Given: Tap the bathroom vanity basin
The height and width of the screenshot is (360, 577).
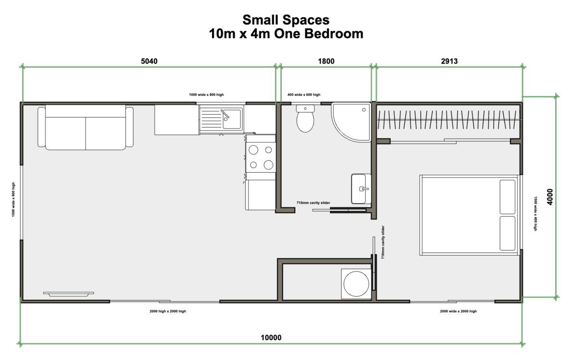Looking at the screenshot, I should pos(361,189).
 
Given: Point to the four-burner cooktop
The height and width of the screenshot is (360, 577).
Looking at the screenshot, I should pos(260,158).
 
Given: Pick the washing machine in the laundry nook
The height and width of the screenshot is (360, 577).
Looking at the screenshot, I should pos(356,283).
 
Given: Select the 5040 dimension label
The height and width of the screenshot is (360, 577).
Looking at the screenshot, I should pos(149,61).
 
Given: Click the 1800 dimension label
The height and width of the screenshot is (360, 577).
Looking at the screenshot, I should pos(326,61).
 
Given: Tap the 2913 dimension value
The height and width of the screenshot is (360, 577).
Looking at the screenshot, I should pos(448,61).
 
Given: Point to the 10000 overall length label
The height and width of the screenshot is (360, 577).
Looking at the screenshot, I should pos(271,337).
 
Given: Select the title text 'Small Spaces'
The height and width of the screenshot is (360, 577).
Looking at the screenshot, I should pos(286,20).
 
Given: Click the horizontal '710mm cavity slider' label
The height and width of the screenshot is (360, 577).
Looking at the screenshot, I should pos(313,203).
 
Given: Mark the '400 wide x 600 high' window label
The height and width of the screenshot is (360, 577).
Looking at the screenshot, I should pos(303,95).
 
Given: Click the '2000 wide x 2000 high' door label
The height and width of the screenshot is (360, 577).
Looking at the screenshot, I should pos(458,311).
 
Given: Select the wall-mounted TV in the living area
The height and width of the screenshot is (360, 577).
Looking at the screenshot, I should pos(68,293).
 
